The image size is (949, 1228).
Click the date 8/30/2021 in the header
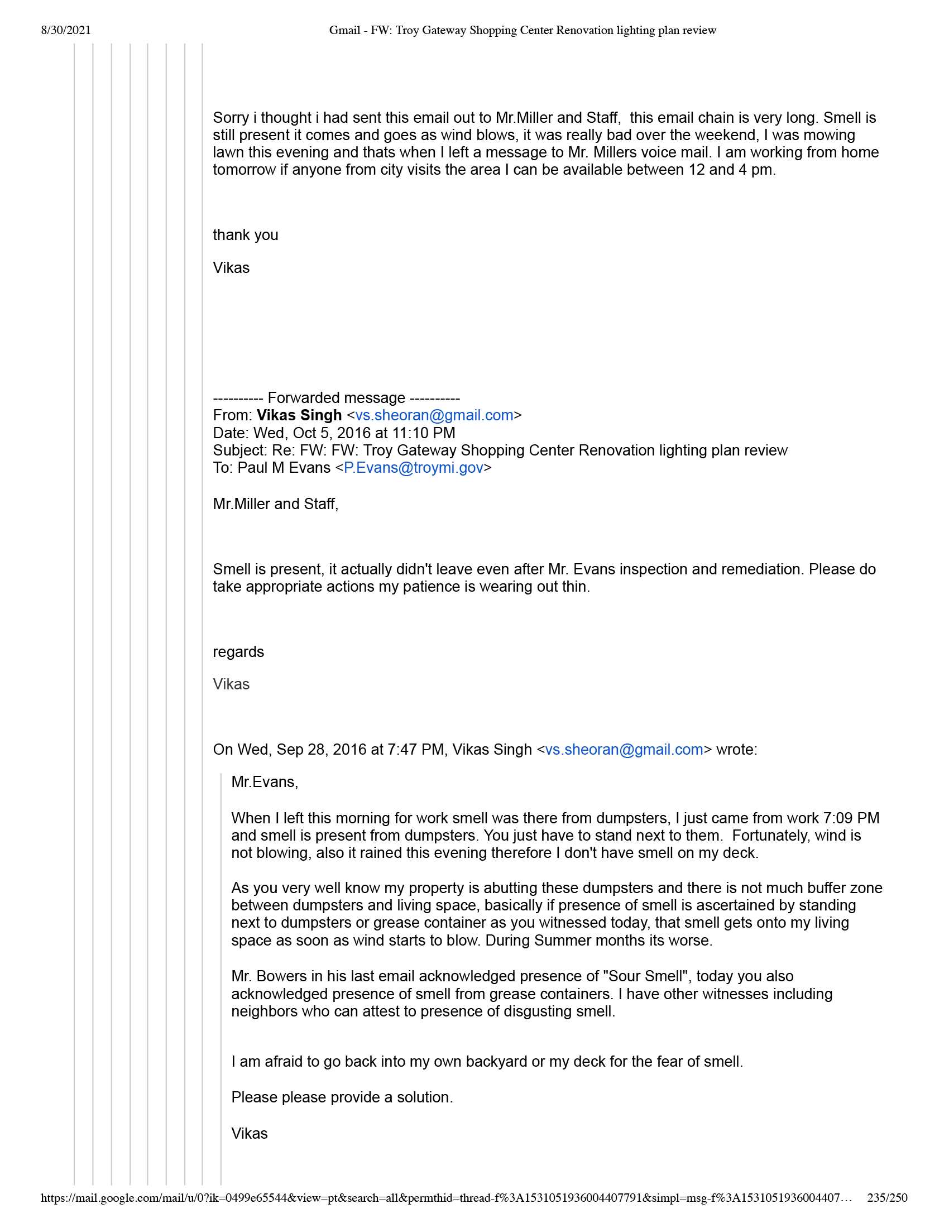[x=66, y=30]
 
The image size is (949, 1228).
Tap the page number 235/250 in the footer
[x=887, y=1198]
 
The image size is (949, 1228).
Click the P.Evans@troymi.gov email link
[x=413, y=468]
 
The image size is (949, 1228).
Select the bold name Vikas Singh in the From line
[x=299, y=415]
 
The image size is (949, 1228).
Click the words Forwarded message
[x=336, y=398]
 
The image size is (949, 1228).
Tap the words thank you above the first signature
[x=245, y=235]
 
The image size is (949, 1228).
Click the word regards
[x=238, y=651]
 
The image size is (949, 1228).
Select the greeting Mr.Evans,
[x=265, y=782]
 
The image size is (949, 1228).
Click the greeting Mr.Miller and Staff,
[x=275, y=504]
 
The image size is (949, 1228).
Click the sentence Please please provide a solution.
[x=342, y=1097]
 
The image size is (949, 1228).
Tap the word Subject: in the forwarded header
[x=240, y=450]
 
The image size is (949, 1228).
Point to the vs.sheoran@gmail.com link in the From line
[x=434, y=415]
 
